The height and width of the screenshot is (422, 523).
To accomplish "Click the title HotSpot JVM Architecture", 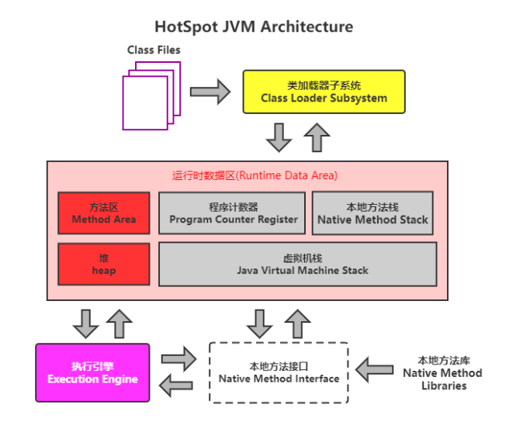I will (254, 26).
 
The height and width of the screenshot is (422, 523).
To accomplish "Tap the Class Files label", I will (154, 50).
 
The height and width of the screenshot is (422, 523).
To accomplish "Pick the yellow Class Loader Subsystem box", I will (324, 92).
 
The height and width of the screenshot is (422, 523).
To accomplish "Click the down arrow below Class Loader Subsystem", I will (279, 137).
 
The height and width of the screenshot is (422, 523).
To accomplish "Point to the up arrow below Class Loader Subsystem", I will (317, 137).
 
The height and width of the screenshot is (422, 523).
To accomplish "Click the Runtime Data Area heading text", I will (255, 176).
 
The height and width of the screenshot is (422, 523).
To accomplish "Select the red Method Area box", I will (103, 213).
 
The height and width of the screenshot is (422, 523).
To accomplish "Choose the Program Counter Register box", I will (234, 213).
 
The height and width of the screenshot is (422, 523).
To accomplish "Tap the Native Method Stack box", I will (372, 213).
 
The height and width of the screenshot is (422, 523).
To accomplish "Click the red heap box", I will (103, 264).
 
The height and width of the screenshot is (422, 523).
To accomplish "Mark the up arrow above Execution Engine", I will (119, 323).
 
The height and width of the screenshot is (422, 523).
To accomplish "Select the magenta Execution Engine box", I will (92, 372).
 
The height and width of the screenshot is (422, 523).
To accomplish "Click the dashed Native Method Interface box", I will (279, 372).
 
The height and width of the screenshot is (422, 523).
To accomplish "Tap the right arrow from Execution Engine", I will (179, 359).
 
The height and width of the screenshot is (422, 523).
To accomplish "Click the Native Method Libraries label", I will (442, 372).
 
